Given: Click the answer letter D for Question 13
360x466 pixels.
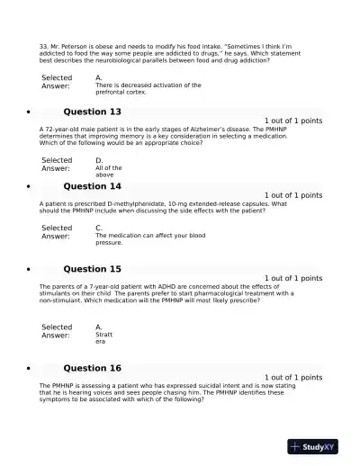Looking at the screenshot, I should [99, 160].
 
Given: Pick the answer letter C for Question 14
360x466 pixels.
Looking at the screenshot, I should [99, 228].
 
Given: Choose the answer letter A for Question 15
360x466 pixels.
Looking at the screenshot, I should [99, 327].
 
